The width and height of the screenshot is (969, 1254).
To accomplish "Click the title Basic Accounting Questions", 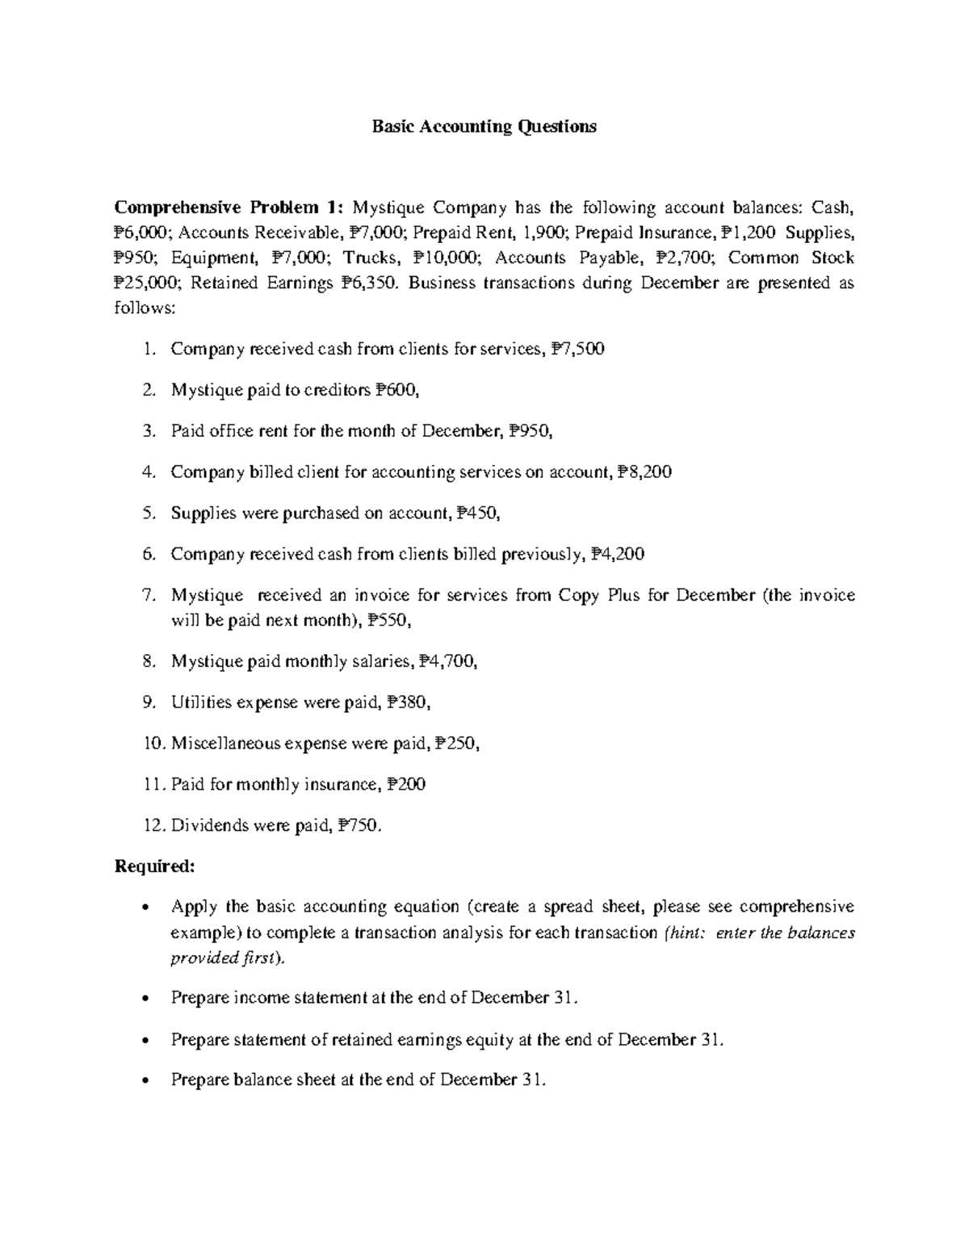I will [x=484, y=127].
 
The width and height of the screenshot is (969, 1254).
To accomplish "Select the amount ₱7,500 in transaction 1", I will [x=578, y=349].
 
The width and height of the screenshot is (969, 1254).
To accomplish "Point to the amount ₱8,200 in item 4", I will [x=644, y=472].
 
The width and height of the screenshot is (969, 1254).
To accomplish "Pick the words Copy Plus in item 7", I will [x=594, y=596].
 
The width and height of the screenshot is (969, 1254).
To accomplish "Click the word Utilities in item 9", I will [x=201, y=702].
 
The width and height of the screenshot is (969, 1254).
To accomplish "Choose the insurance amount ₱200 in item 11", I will [x=406, y=785].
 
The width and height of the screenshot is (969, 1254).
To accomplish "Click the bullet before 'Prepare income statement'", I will [x=145, y=999].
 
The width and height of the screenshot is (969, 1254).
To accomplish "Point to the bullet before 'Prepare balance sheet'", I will [x=145, y=1081].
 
